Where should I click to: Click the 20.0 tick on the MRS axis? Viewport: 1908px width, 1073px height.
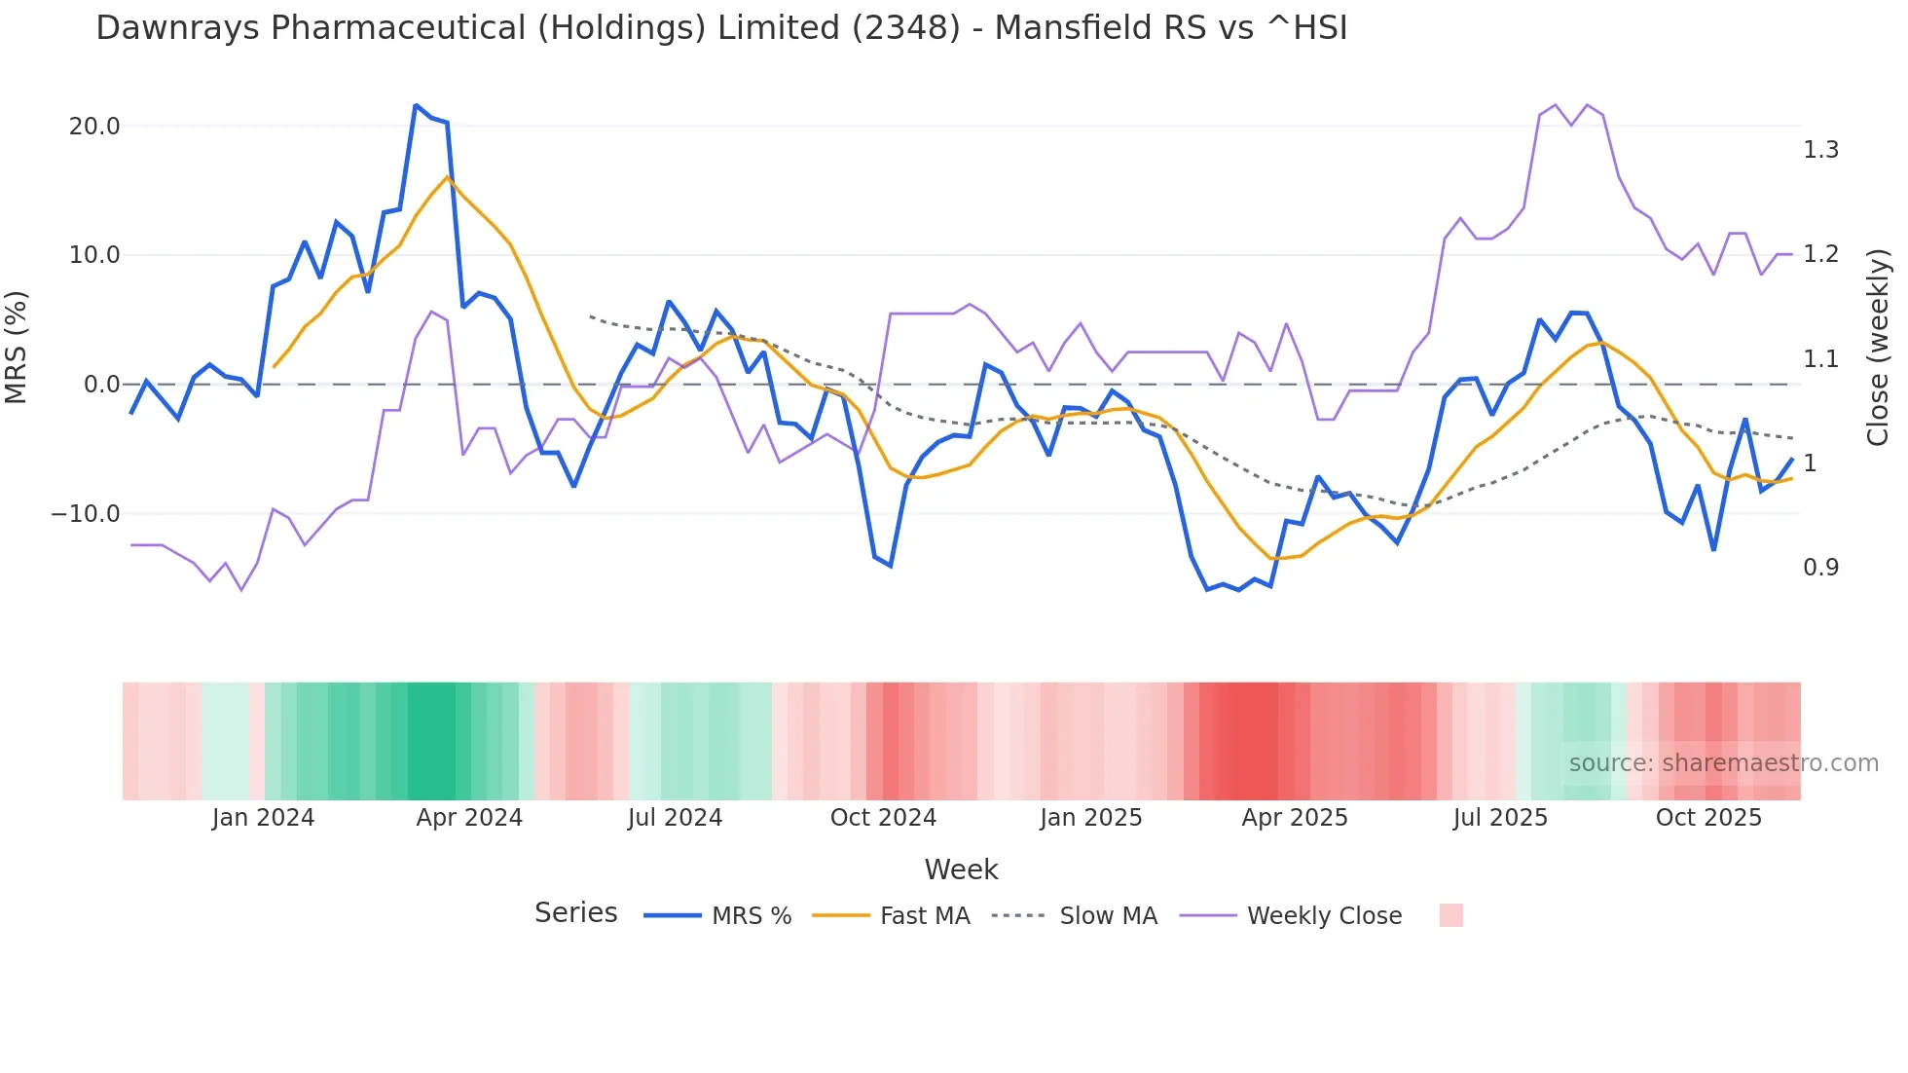[93, 127]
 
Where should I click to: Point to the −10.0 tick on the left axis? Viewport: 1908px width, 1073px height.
[86, 514]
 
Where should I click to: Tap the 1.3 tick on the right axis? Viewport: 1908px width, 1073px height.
[1820, 150]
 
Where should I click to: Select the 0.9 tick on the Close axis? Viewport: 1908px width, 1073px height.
[1820, 568]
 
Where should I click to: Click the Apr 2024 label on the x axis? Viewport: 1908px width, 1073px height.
[469, 818]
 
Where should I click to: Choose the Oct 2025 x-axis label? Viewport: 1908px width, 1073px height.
[1708, 818]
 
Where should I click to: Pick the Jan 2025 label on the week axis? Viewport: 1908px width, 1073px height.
[1090, 818]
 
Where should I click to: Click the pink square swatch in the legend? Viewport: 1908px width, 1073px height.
[1450, 916]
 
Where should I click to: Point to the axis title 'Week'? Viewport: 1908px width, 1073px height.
[961, 869]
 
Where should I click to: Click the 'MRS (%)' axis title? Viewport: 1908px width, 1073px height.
[17, 347]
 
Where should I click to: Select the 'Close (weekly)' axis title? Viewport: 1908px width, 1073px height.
[1878, 348]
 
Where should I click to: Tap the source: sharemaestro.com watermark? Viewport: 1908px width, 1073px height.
[1723, 763]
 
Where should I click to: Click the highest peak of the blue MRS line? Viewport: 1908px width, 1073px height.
[416, 105]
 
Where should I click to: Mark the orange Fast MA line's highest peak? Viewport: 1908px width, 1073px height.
[447, 177]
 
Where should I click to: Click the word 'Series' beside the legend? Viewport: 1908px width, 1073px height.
[575, 913]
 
